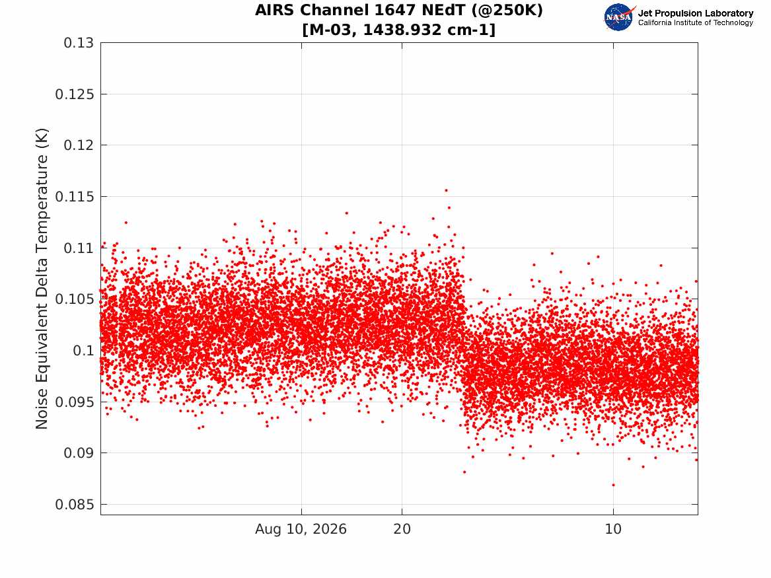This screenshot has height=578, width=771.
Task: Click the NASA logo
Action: point(619,17)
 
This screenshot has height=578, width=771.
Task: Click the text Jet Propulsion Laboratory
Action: point(695,13)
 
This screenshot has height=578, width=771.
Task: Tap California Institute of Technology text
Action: point(695,22)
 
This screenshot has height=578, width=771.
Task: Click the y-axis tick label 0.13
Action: point(79,43)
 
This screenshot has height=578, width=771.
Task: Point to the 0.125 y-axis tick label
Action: point(74,94)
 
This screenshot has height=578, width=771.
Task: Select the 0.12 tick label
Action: point(79,145)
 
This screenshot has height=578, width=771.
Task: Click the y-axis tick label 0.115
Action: point(74,197)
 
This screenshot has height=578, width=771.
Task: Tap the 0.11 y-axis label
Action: point(79,248)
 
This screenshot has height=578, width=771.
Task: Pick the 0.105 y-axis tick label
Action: point(74,299)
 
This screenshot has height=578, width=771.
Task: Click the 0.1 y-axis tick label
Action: point(83,351)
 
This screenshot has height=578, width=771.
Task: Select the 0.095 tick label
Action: point(74,402)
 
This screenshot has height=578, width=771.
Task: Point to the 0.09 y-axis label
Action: point(79,453)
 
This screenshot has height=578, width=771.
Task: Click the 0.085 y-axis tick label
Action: point(74,504)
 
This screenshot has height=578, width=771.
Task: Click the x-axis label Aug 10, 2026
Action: point(301,529)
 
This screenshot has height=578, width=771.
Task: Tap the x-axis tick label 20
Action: point(402,529)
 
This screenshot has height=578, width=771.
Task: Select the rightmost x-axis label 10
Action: point(613,529)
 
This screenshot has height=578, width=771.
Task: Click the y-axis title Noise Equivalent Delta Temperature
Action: point(42,279)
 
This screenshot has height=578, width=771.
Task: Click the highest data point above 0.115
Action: point(446,190)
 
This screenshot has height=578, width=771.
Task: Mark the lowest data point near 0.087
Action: point(613,485)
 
